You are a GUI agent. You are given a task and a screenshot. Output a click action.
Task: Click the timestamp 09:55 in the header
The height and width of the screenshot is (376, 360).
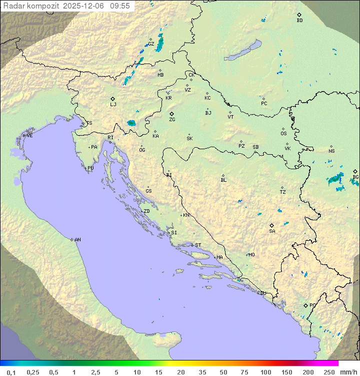point(120,6)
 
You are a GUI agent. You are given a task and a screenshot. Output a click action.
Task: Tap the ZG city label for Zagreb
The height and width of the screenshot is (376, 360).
point(172,120)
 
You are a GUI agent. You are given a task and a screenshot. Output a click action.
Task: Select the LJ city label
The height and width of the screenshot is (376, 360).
point(113,105)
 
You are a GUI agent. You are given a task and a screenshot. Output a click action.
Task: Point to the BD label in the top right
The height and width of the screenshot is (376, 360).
point(299,21)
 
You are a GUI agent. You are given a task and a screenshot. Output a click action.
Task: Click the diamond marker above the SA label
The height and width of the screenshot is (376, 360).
point(272,225)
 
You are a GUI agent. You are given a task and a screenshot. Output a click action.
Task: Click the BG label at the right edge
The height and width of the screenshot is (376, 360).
point(355,177)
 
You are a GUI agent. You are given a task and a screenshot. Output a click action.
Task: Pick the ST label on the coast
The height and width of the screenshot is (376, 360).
point(198,245)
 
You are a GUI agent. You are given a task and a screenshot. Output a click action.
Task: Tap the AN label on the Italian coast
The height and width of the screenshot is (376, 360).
point(77,240)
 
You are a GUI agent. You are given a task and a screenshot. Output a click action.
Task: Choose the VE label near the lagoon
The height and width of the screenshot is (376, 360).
point(29,136)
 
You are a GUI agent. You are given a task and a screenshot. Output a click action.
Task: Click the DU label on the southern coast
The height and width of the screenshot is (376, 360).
point(263,293)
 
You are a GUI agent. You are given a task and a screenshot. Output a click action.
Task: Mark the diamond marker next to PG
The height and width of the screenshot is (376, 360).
point(306,305)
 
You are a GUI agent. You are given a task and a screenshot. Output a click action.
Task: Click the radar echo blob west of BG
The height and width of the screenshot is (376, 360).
point(335,179)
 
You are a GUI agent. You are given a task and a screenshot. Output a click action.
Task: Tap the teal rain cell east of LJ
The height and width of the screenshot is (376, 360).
point(131,123)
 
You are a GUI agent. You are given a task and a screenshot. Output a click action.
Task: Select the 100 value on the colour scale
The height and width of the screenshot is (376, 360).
point(266,372)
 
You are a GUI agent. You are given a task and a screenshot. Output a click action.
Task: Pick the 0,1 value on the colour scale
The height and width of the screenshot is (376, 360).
point(11,372)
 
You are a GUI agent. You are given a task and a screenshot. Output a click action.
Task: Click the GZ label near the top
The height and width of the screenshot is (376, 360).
point(151,44)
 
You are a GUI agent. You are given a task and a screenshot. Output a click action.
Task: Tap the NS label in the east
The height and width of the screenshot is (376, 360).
point(331,151)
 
